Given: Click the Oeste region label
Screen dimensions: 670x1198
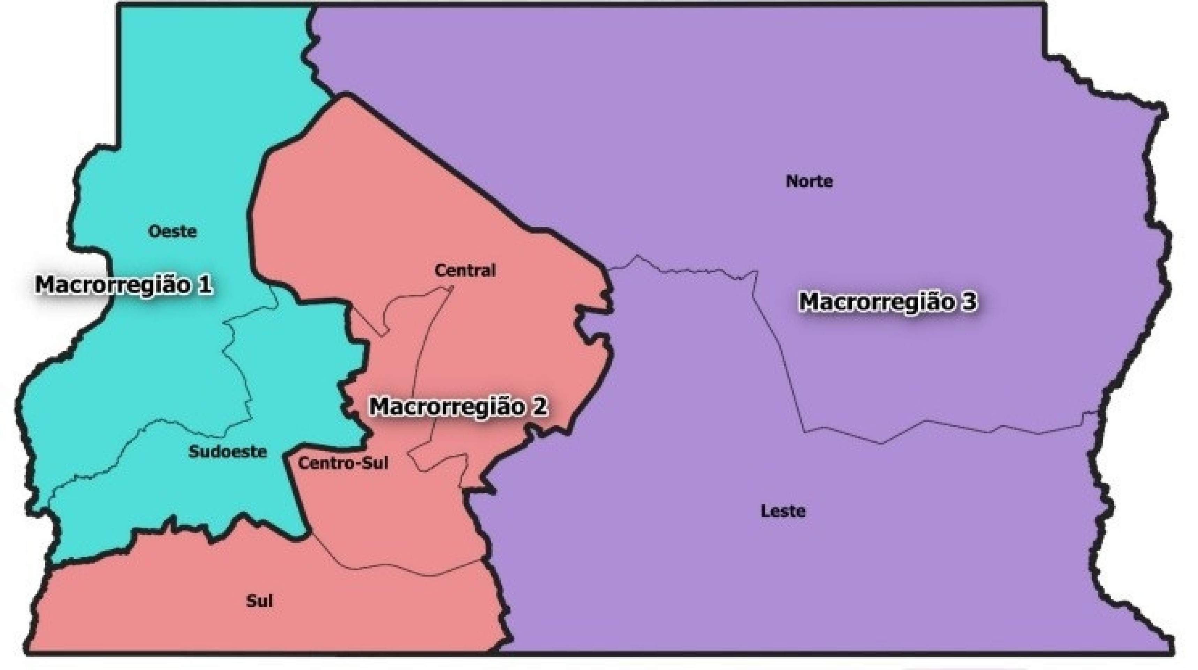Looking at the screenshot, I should click(173, 231).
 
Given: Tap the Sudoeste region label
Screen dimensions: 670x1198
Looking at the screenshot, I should click(227, 452).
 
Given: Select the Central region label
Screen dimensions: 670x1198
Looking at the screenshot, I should click(465, 270).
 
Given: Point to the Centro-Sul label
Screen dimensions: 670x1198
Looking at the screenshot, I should click(343, 463).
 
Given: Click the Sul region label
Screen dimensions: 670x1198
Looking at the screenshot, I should click(259, 602).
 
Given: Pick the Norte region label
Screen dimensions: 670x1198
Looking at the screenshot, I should click(809, 181).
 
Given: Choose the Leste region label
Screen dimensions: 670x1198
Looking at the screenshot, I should click(783, 511).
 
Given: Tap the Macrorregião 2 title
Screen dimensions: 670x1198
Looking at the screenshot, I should click(458, 406).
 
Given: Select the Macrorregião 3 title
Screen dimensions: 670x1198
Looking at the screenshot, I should click(887, 301).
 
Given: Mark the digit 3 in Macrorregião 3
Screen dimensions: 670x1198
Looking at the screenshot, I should click(968, 301).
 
